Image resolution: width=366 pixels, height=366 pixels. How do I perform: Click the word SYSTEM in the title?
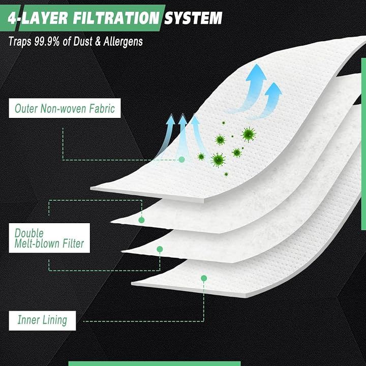(x=193, y=18)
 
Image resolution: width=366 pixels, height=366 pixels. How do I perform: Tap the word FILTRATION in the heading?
(x=116, y=18)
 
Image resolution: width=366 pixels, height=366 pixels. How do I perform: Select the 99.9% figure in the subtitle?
(x=47, y=42)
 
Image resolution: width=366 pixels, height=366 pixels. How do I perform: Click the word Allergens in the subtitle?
(x=123, y=42)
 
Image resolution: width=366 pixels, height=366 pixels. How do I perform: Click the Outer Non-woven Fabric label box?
(x=65, y=108)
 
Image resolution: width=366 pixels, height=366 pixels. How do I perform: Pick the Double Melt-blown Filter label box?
(x=49, y=238)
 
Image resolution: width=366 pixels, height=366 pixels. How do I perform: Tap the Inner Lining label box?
(x=42, y=320)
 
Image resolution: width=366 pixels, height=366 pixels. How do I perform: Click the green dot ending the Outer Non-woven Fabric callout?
(x=181, y=160)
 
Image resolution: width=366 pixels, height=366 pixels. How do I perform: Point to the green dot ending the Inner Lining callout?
(x=204, y=278)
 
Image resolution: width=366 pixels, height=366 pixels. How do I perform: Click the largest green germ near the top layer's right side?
(x=249, y=134)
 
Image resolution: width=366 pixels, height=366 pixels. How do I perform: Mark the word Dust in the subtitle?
(x=83, y=42)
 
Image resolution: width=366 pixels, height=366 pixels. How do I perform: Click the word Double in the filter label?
(x=29, y=233)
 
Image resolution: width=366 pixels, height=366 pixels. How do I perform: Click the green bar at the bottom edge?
(x=155, y=363)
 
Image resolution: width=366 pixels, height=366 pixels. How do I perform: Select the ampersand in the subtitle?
(x=98, y=42)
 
